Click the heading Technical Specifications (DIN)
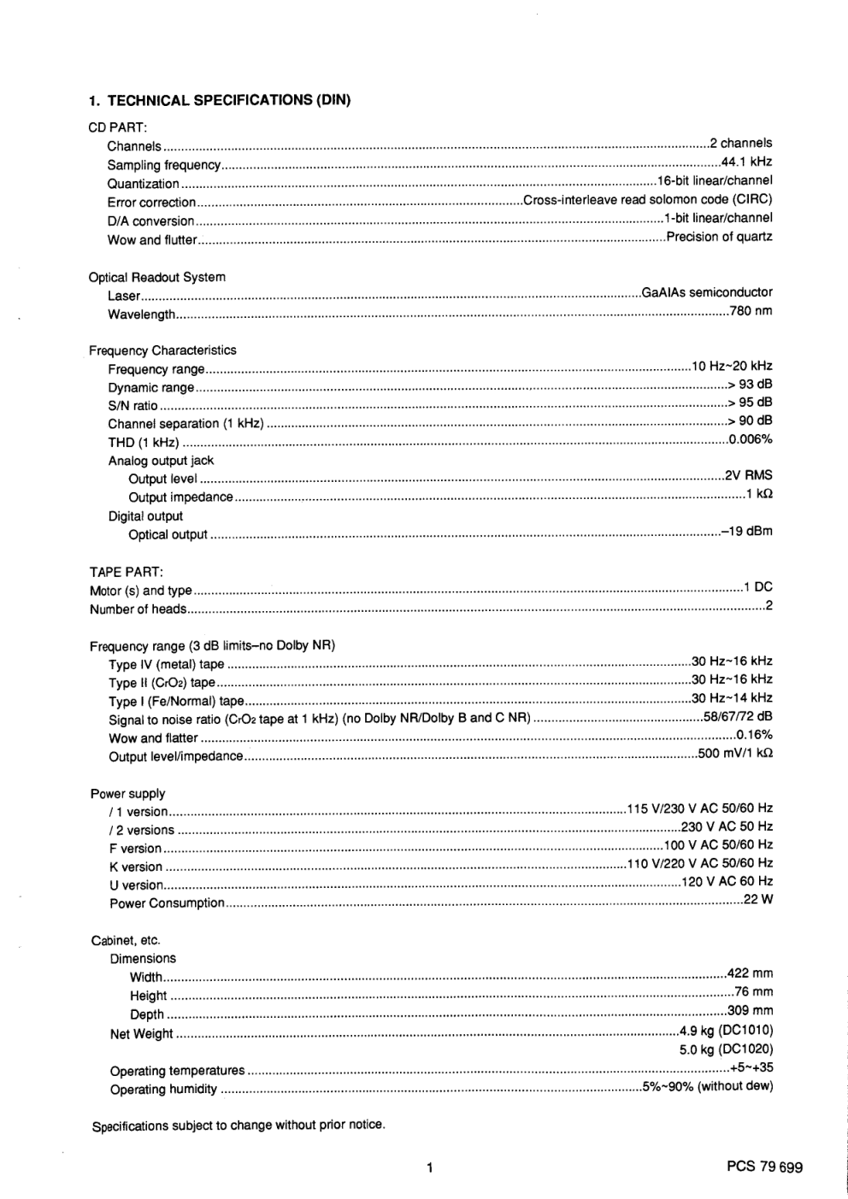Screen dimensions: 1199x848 (220, 100)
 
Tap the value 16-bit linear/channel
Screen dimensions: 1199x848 (715, 180)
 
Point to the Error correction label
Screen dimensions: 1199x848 (151, 203)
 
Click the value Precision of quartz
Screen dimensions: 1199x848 (719, 237)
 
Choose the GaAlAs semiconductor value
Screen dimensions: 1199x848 (707, 292)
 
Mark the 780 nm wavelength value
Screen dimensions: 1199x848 (751, 311)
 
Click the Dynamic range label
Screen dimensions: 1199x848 (151, 387)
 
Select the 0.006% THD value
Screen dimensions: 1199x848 (751, 439)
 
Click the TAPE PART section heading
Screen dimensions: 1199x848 (127, 572)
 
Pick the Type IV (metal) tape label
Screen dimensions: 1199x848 (167, 664)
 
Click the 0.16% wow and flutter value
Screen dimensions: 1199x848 (754, 735)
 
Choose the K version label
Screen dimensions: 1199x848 (136, 867)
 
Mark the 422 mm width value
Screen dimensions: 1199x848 (750, 973)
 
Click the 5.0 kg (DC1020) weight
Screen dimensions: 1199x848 (726, 1049)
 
